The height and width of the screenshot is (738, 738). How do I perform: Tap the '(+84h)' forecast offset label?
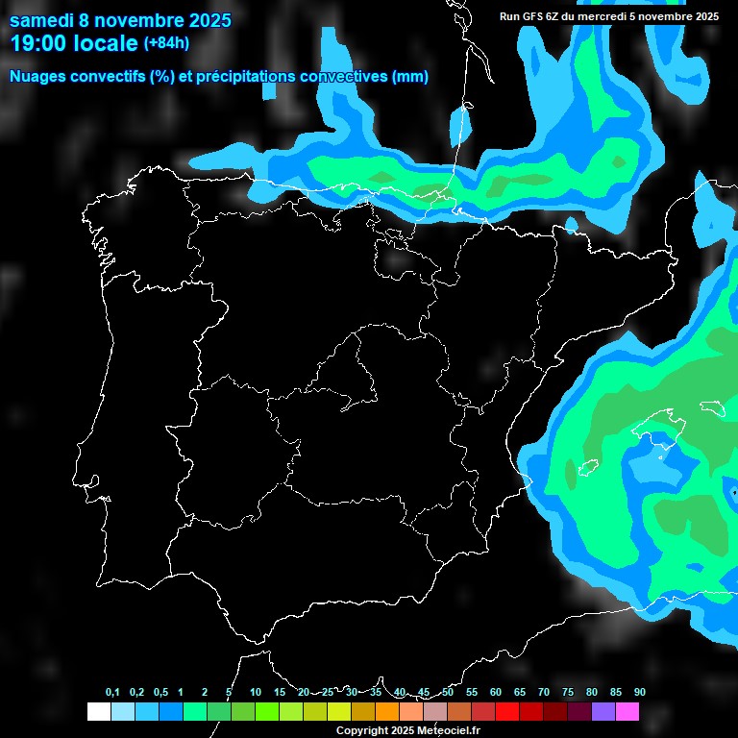click(x=166, y=43)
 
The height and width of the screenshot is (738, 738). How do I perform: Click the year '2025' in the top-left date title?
click(x=204, y=20)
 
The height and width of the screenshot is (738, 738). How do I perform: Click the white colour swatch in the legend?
click(x=98, y=711)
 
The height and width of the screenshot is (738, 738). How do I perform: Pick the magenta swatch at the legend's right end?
click(x=627, y=711)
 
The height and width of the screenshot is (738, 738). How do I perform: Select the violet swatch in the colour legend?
click(x=603, y=711)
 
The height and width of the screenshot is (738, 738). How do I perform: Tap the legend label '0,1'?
click(x=112, y=693)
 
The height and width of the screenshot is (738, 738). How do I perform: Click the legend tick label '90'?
click(x=640, y=693)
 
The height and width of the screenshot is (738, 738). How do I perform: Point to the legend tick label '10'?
click(x=256, y=693)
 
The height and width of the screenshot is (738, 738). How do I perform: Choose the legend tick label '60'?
click(x=496, y=693)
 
